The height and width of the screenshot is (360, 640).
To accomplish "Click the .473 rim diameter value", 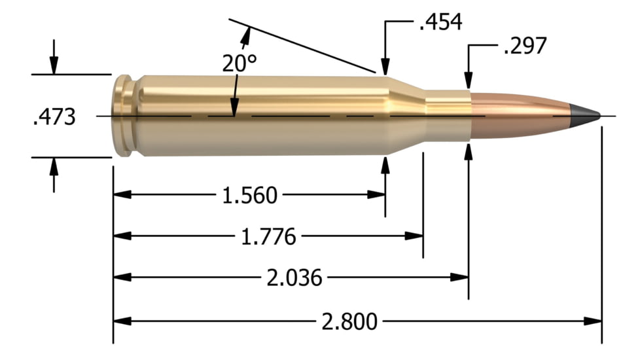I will (54, 117).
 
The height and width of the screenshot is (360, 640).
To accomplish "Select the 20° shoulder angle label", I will (238, 64).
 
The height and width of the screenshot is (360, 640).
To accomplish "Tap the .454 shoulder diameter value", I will (440, 22).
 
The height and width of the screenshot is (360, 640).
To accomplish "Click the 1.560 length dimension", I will (248, 195).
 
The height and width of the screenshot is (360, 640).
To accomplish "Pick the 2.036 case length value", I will (294, 278).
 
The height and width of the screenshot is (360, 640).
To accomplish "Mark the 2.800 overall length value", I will (349, 321).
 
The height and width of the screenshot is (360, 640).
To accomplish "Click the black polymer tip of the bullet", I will (584, 115).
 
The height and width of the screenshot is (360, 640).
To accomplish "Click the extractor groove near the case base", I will (136, 116).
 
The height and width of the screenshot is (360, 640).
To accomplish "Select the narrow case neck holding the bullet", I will (448, 115).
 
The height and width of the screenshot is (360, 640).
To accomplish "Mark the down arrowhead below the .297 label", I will (469, 79).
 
